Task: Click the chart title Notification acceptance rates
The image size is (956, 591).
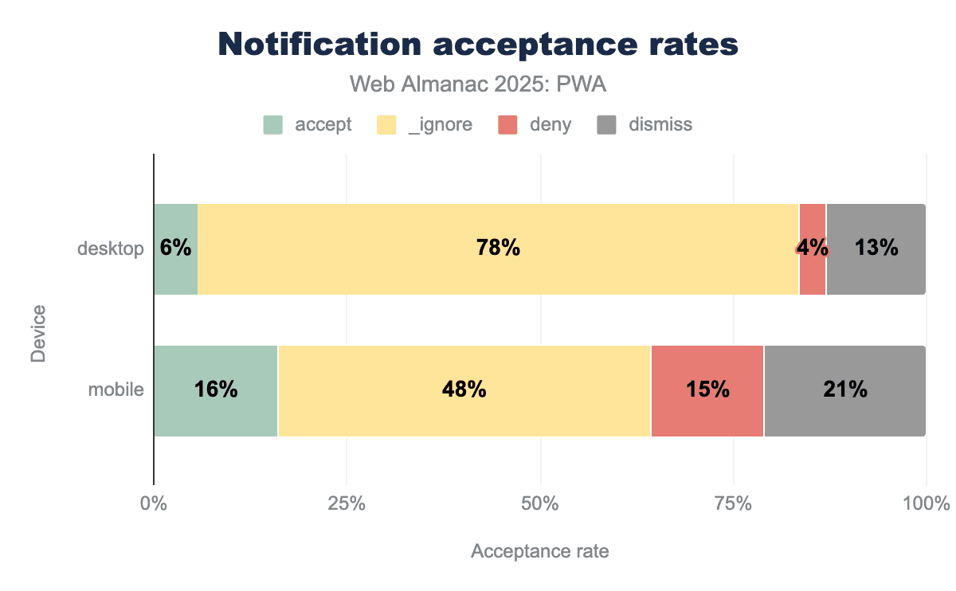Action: [x=478, y=45]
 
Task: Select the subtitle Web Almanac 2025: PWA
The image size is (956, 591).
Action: [x=478, y=84]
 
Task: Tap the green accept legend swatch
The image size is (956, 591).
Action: [x=273, y=125]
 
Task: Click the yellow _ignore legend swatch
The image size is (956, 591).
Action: [x=386, y=125]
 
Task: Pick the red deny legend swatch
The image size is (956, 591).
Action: [x=507, y=125]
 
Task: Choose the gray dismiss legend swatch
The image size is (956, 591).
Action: [x=607, y=125]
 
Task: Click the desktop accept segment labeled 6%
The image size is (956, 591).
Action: [x=175, y=249]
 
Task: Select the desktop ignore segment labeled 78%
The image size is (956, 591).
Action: [x=498, y=249]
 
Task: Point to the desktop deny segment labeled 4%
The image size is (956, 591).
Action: [x=813, y=249]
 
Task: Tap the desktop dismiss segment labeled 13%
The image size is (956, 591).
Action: [x=876, y=249]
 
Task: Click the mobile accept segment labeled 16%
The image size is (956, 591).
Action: [x=215, y=390]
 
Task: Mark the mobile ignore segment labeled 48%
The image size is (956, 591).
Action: [x=464, y=390]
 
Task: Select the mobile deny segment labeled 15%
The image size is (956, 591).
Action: [x=707, y=390]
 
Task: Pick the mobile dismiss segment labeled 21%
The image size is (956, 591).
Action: [x=844, y=390]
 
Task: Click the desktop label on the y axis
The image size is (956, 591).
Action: [x=110, y=249]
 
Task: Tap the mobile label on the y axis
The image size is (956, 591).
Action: [x=116, y=390]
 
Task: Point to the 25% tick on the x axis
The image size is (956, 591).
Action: [x=347, y=504]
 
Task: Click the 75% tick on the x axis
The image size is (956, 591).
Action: [x=733, y=504]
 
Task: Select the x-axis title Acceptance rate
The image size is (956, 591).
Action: [x=539, y=551]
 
